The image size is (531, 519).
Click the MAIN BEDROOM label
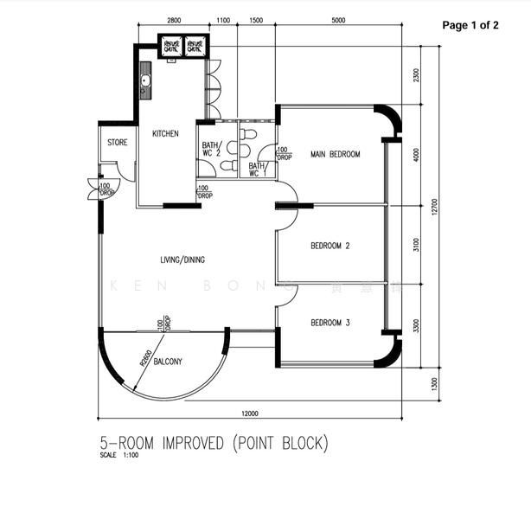pyautogui.click(x=335, y=155)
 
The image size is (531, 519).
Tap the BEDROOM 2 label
pyautogui.click(x=329, y=245)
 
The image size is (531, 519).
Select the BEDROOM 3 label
pyautogui.click(x=329, y=323)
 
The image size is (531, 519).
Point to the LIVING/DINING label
pyautogui.click(x=182, y=259)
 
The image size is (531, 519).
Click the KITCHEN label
pyautogui.click(x=165, y=134)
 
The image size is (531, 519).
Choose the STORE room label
pyautogui.click(x=117, y=142)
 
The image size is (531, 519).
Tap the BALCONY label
pyautogui.click(x=167, y=362)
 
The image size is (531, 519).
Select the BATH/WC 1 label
pyautogui.click(x=258, y=170)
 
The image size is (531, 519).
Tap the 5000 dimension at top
pyautogui.click(x=338, y=20)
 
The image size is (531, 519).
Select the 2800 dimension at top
pyautogui.click(x=173, y=20)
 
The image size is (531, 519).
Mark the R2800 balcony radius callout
pyautogui.click(x=146, y=357)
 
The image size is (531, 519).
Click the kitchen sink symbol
pyautogui.click(x=145, y=85)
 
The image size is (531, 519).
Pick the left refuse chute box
pyautogui.click(x=171, y=47)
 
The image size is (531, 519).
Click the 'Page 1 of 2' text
pyautogui.click(x=470, y=25)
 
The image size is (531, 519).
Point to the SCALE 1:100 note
pyautogui.click(x=119, y=456)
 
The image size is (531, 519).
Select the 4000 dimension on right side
pyautogui.click(x=416, y=155)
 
